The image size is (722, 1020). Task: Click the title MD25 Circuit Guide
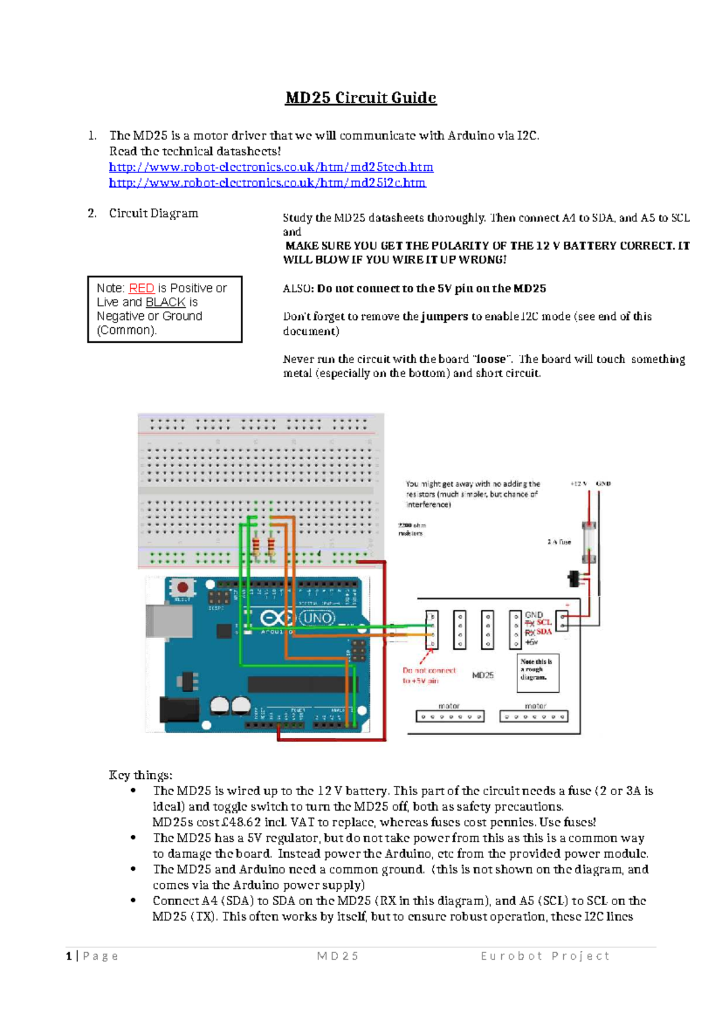(360, 98)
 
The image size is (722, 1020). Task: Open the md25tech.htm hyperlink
(271, 167)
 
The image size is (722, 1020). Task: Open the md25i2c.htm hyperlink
(267, 183)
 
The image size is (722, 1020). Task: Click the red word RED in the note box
(141, 289)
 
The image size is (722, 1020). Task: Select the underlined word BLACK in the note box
(165, 303)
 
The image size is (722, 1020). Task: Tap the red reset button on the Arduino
(182, 586)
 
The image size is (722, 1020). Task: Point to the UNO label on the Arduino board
(317, 618)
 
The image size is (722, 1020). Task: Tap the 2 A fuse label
(559, 542)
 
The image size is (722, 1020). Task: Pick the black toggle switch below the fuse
(575, 579)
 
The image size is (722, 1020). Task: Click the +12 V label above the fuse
(578, 484)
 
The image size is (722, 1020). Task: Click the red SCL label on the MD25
(544, 622)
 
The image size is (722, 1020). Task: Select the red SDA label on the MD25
(544, 632)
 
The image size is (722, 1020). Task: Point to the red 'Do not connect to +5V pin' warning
(428, 675)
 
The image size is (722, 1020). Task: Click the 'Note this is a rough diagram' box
(537, 672)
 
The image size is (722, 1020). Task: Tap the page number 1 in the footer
(69, 956)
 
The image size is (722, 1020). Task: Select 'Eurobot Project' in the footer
(545, 956)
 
